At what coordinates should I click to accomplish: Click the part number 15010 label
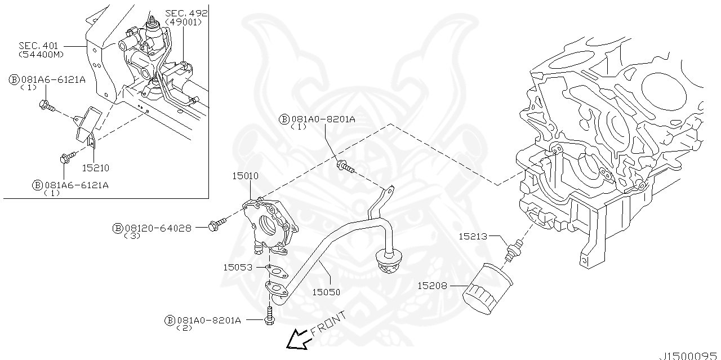(x=246, y=176)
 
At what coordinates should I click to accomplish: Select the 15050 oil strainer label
(x=327, y=292)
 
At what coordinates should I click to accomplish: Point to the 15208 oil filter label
(x=432, y=286)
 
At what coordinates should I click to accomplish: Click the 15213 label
(x=473, y=237)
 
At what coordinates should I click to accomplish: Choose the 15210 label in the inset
(x=95, y=168)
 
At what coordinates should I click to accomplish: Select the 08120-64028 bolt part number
(x=158, y=228)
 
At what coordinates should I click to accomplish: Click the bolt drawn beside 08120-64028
(x=216, y=225)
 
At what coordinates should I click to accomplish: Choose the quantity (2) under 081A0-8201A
(x=184, y=328)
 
